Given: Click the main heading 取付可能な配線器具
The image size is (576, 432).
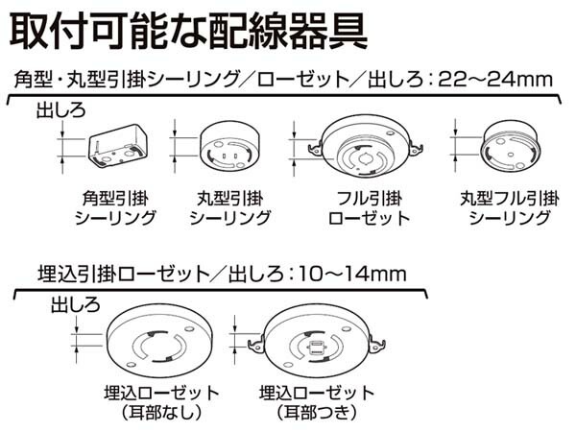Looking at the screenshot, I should (x=188, y=30).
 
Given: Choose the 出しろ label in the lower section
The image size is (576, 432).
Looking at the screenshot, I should (x=74, y=306).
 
